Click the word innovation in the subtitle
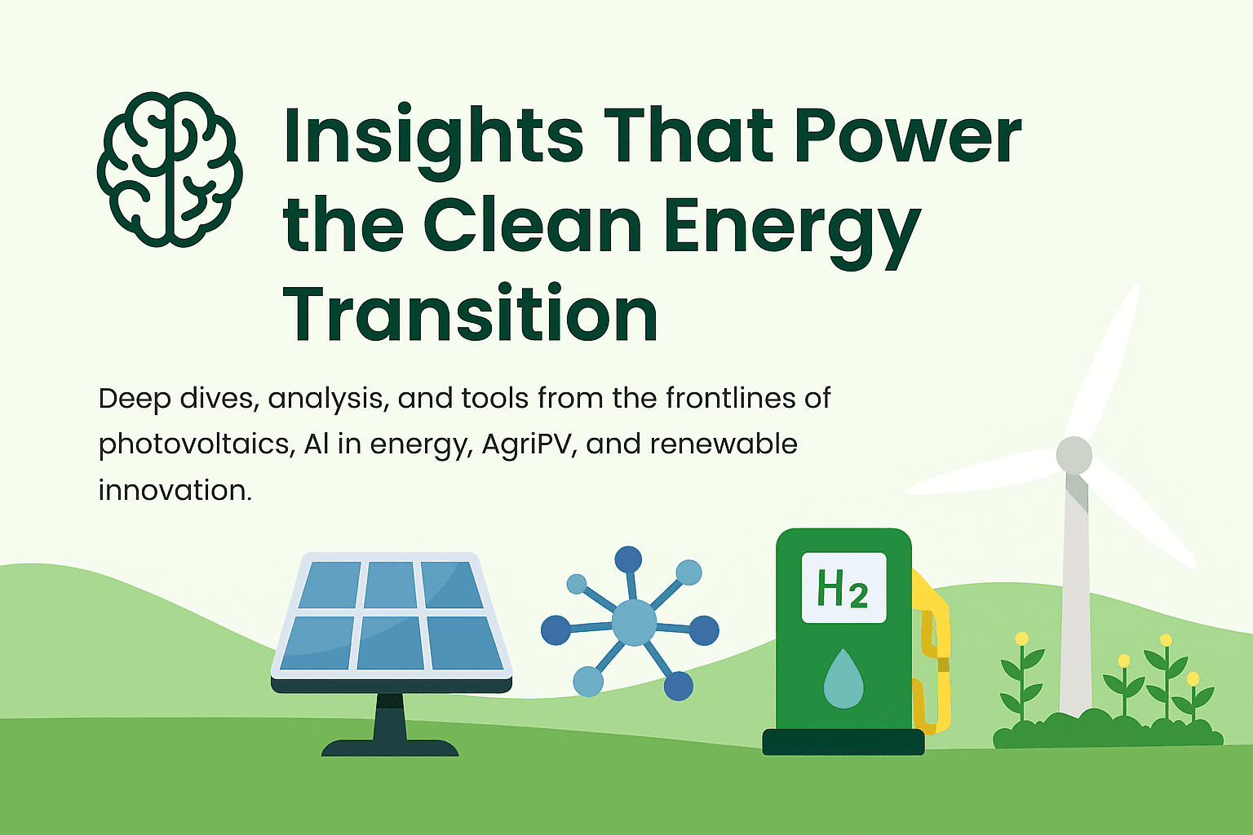point(175,491)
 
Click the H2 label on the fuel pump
point(843,588)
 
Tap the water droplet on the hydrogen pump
point(843,678)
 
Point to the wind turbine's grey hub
point(1074,455)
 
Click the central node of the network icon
point(634,622)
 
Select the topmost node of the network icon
point(628,559)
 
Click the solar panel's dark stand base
point(390,748)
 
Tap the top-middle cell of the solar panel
point(390,585)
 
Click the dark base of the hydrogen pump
point(843,742)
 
